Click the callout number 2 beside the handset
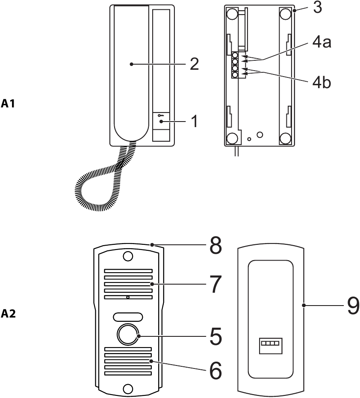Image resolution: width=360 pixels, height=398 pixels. click(194, 64)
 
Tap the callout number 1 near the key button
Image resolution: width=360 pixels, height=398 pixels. click(194, 122)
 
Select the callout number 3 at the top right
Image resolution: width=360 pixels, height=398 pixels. click(317, 8)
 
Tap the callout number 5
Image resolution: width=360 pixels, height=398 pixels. click(215, 336)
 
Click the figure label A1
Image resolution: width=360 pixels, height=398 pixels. click(9, 103)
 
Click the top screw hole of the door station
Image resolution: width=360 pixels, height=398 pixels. click(127, 256)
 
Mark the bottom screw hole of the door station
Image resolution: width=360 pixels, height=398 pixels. click(127, 388)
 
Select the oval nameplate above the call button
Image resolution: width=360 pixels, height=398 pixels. click(127, 317)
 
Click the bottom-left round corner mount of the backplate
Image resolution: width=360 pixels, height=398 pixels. click(232, 138)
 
